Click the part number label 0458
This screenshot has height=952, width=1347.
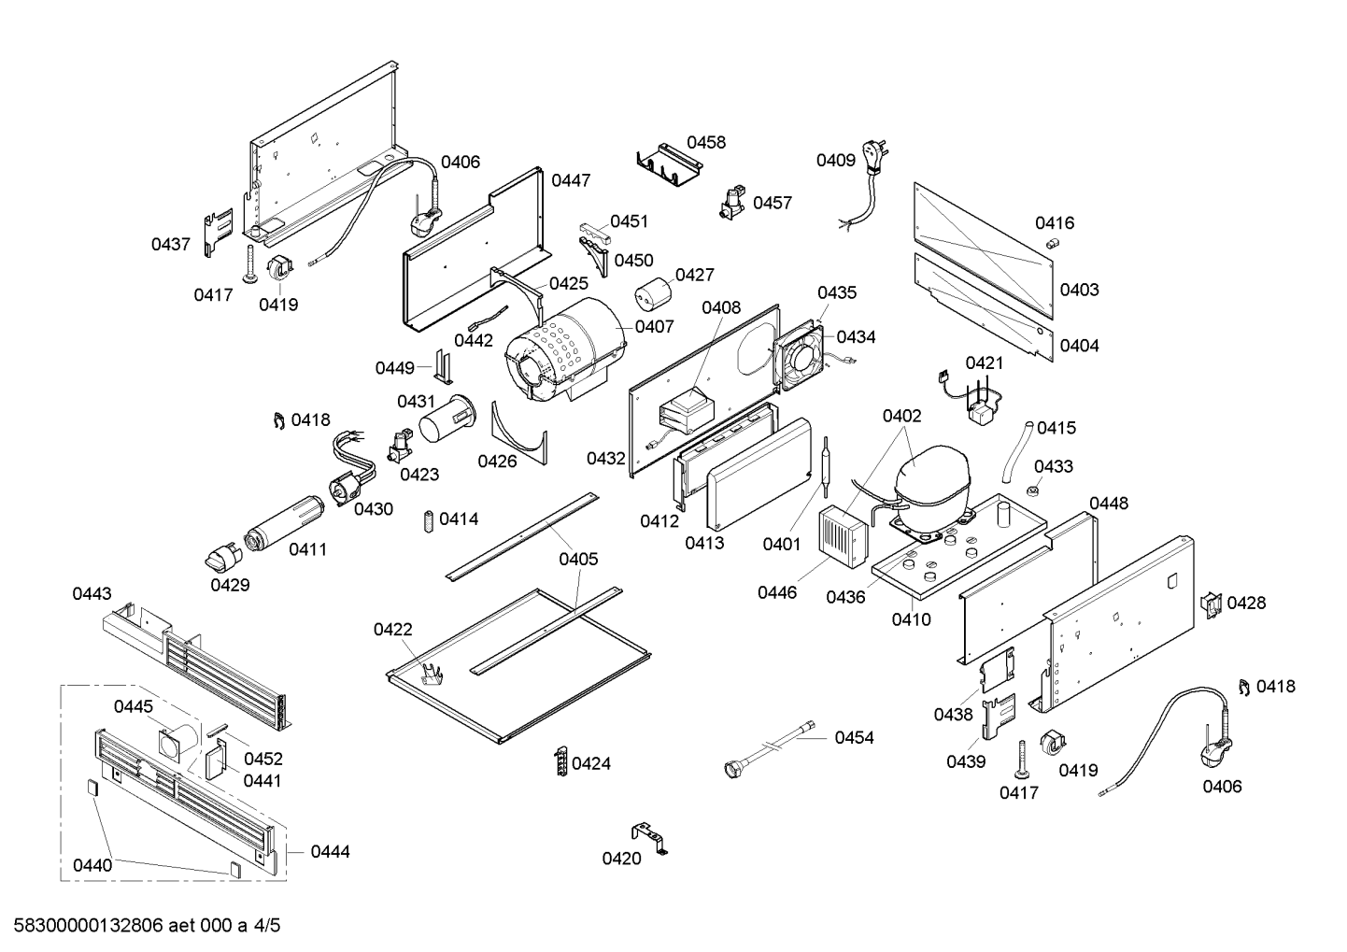(706, 142)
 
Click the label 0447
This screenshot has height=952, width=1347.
(570, 180)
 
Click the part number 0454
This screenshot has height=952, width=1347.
(854, 738)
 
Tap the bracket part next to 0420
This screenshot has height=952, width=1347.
(651, 836)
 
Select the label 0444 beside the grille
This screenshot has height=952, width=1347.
(330, 851)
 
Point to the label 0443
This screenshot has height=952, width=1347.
(92, 593)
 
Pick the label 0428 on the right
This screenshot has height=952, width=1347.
(1246, 603)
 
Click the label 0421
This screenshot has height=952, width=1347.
(984, 362)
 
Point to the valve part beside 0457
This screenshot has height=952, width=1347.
(731, 203)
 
